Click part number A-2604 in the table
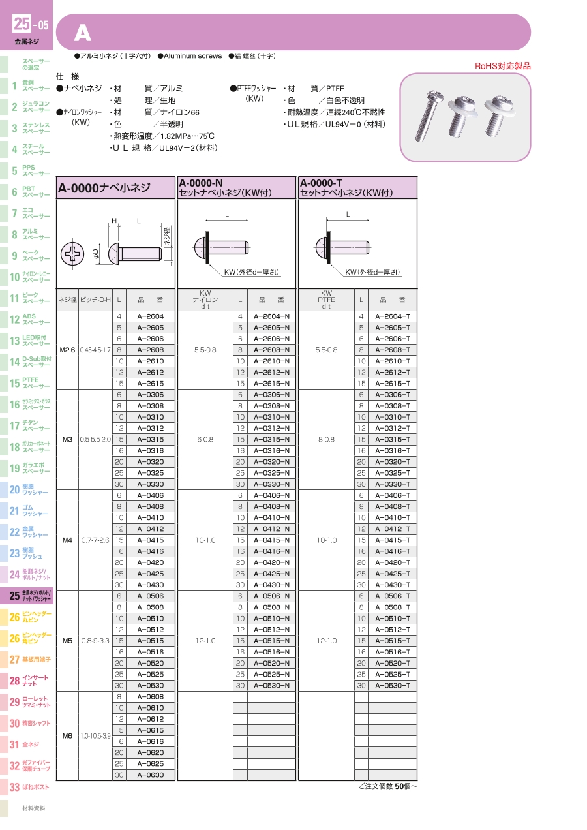click(150, 316)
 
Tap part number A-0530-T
click(393, 685)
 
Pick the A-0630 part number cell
click(150, 775)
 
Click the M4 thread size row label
click(67, 540)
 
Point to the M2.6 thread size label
click(67, 350)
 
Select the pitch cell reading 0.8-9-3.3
click(95, 641)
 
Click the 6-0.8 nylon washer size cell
click(205, 439)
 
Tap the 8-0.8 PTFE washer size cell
click(326, 439)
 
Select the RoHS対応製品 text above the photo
click(502, 66)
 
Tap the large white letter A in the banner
click(82, 33)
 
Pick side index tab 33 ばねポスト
click(26, 787)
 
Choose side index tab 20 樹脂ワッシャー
click(26, 490)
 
